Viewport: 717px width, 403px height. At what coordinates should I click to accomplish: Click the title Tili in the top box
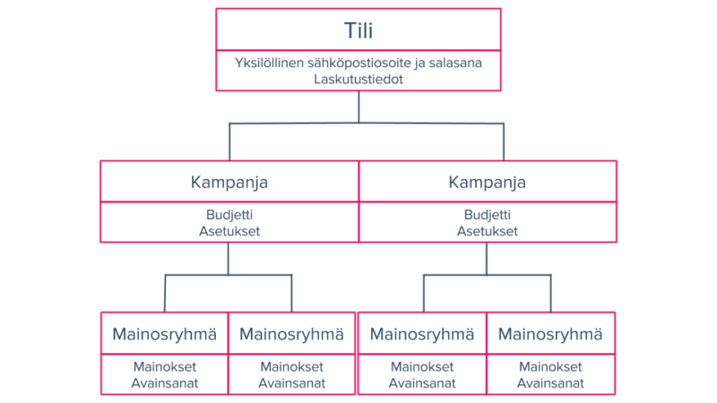click(358, 30)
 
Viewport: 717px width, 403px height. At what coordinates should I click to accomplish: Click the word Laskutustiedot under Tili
click(358, 80)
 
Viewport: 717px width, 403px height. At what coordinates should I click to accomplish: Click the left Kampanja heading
click(229, 182)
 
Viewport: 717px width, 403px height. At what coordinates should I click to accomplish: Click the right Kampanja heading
click(487, 182)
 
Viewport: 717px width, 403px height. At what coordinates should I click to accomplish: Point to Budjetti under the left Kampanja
click(229, 216)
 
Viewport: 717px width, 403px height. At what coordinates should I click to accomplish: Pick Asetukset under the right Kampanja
click(487, 231)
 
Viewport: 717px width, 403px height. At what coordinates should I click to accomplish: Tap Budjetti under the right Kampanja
click(487, 216)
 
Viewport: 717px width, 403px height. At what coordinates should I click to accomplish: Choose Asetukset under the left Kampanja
click(229, 231)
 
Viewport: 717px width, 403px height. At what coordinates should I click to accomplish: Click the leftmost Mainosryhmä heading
click(165, 334)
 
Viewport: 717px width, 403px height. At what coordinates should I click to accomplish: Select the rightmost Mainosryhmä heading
click(550, 334)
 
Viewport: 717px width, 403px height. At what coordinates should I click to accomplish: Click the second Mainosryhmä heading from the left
click(292, 334)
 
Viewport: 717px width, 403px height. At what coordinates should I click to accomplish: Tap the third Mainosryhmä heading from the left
click(422, 334)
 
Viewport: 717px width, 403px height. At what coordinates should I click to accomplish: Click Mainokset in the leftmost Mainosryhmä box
click(165, 367)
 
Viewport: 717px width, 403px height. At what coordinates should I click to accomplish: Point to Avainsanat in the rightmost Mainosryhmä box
click(550, 382)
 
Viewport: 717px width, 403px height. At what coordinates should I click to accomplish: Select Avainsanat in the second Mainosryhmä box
click(292, 382)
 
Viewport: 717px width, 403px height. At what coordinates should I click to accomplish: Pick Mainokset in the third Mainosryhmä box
click(422, 367)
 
